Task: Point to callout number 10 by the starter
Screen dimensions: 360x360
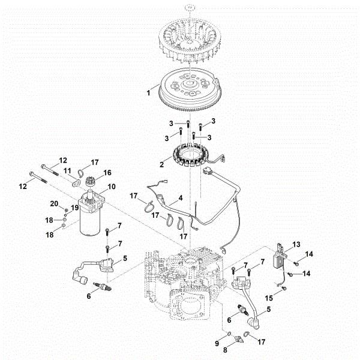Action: tap(112, 187)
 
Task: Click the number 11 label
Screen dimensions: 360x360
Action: tap(68, 171)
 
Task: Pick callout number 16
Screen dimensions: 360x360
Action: tap(108, 172)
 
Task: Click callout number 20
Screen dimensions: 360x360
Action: tap(53, 203)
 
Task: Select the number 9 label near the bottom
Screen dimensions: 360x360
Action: tap(218, 343)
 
